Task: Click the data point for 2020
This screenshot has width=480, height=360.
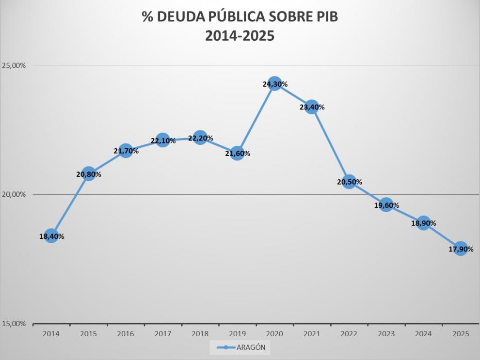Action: point(274,84)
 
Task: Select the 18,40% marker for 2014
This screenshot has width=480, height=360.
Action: point(51,236)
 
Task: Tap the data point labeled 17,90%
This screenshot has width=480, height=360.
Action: point(461,249)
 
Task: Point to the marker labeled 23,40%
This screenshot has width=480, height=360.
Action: point(312,107)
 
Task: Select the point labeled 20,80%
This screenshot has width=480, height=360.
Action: point(88,173)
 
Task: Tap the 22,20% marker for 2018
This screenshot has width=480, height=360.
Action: point(200,138)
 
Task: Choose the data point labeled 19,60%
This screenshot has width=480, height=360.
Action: point(386,205)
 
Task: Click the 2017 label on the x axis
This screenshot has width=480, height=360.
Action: point(163,334)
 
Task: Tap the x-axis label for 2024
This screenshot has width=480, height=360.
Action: point(423,334)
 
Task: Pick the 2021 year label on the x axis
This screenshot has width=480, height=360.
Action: point(312,334)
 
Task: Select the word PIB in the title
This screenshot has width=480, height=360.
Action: point(324,17)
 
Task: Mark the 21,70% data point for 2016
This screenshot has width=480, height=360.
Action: point(126,151)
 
